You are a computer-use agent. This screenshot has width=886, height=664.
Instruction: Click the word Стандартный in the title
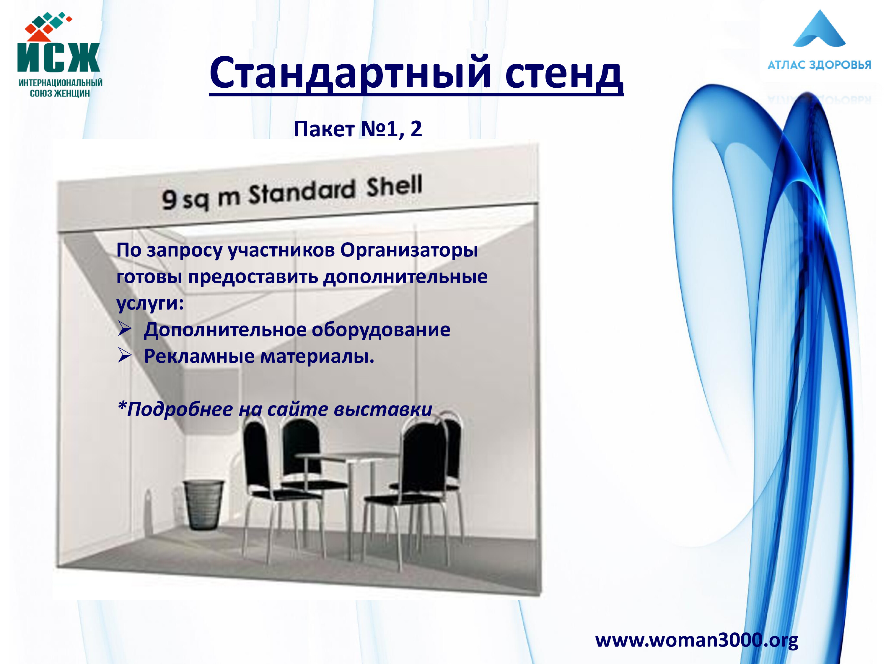351,73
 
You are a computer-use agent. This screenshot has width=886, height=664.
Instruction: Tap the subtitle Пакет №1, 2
358,129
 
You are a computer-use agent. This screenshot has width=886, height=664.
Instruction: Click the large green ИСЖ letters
58,57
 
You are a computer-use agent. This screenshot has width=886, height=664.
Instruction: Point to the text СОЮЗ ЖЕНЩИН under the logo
60,93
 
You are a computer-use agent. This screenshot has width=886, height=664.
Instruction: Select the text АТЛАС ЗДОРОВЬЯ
819,65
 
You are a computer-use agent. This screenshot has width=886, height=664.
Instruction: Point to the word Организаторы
409,251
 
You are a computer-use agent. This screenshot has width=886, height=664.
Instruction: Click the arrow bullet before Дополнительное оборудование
125,329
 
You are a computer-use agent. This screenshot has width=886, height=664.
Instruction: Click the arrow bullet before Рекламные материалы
125,355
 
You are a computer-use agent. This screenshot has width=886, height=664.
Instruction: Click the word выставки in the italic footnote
382,409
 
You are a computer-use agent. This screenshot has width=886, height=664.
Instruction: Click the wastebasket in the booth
203,505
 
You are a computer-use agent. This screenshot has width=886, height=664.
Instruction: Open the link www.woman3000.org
696,640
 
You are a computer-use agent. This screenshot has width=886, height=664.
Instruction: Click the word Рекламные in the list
199,356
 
